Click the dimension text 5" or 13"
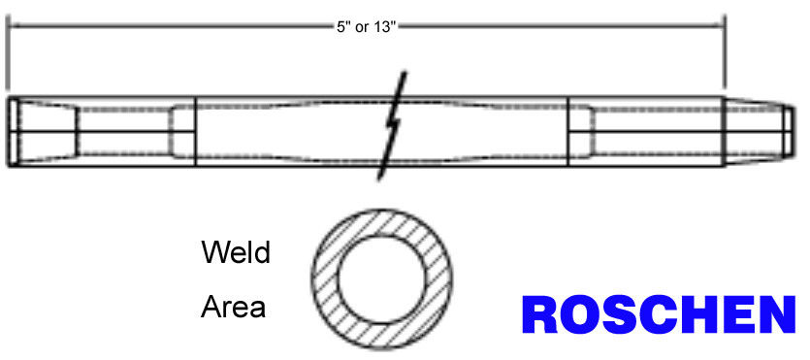click(366, 27)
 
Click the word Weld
click(236, 252)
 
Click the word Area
click(233, 307)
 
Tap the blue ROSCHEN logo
click(659, 314)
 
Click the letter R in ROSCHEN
click(539, 314)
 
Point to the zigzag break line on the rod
click(393, 125)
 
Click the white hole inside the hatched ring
click(382, 279)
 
